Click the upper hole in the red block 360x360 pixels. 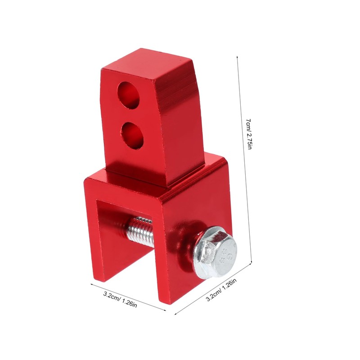coord(128,95)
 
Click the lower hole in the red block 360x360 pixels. coord(132,135)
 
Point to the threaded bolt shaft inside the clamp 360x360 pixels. coord(140,232)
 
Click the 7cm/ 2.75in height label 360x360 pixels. coord(249,134)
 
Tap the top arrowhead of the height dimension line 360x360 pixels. coord(237,57)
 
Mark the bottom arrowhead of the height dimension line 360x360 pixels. coord(252,262)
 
